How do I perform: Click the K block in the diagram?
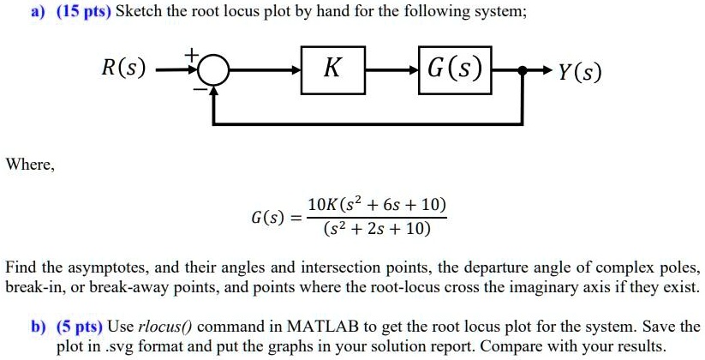tap(332, 70)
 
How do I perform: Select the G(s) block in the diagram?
tap(455, 70)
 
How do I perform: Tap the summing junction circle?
tap(214, 71)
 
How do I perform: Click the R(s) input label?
tap(123, 69)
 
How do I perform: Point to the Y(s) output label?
tap(579, 72)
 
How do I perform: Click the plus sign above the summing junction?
tap(192, 55)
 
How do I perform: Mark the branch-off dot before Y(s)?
tap(522, 70)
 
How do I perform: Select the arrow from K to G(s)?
tap(391, 70)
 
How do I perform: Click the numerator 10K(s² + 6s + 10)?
tap(377, 205)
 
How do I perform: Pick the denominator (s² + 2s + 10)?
tap(377, 230)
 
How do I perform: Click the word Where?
tap(30, 165)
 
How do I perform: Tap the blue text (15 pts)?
tap(84, 11)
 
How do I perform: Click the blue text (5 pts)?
tap(80, 326)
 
